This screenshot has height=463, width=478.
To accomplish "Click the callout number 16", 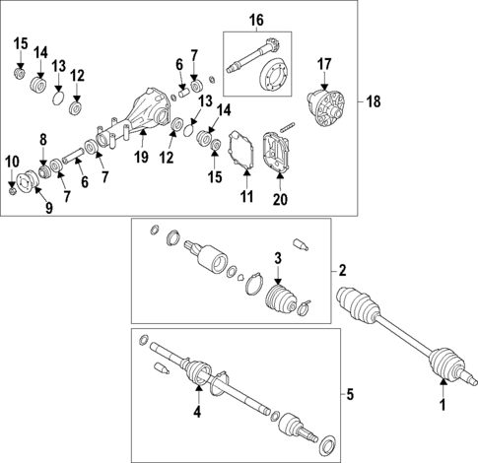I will pos(256,20).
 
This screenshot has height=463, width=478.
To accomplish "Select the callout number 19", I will pos(141,157).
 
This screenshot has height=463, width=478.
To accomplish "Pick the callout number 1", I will pos(443,405).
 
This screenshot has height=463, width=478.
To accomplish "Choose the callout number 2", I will pos(343,270).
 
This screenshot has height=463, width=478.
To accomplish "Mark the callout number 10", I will pos(11,161).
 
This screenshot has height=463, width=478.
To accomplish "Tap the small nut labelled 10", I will pos(12,189).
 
